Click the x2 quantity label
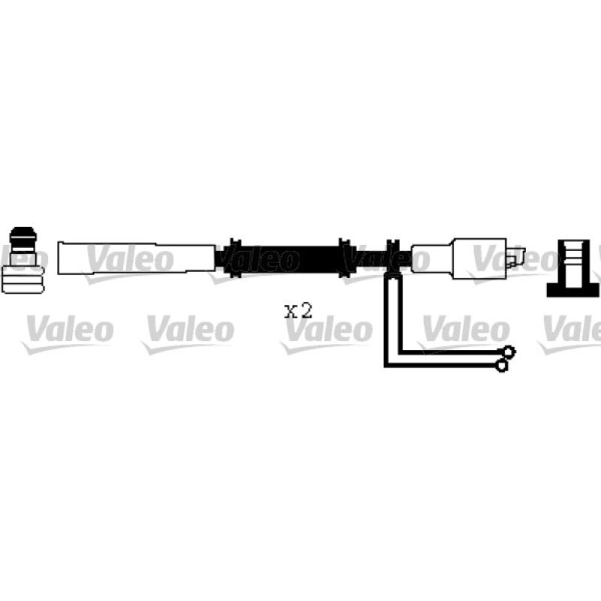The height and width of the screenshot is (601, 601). [x=298, y=310]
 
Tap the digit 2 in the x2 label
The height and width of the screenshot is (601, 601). [x=307, y=310]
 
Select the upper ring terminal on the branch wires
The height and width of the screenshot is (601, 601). [x=509, y=352]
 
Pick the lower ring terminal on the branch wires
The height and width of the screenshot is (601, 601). [x=501, y=365]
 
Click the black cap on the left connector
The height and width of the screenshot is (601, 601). [x=23, y=234]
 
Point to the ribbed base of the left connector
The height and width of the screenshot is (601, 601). [x=23, y=279]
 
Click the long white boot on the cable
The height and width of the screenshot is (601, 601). [x=137, y=258]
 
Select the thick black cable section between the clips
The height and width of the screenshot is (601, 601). [x=290, y=259]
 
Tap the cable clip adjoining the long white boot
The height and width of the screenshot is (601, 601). [x=234, y=258]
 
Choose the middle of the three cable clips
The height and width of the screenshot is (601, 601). [x=345, y=258]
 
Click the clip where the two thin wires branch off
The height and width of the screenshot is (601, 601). [x=393, y=258]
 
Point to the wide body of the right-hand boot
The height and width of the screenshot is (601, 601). [x=479, y=258]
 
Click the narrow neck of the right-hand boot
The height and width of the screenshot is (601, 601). [x=432, y=258]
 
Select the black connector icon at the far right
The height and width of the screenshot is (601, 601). [x=573, y=268]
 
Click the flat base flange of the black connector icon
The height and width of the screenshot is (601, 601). [x=573, y=291]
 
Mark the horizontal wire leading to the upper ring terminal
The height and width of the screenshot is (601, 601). [x=452, y=352]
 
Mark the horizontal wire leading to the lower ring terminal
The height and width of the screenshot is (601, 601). [x=440, y=365]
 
